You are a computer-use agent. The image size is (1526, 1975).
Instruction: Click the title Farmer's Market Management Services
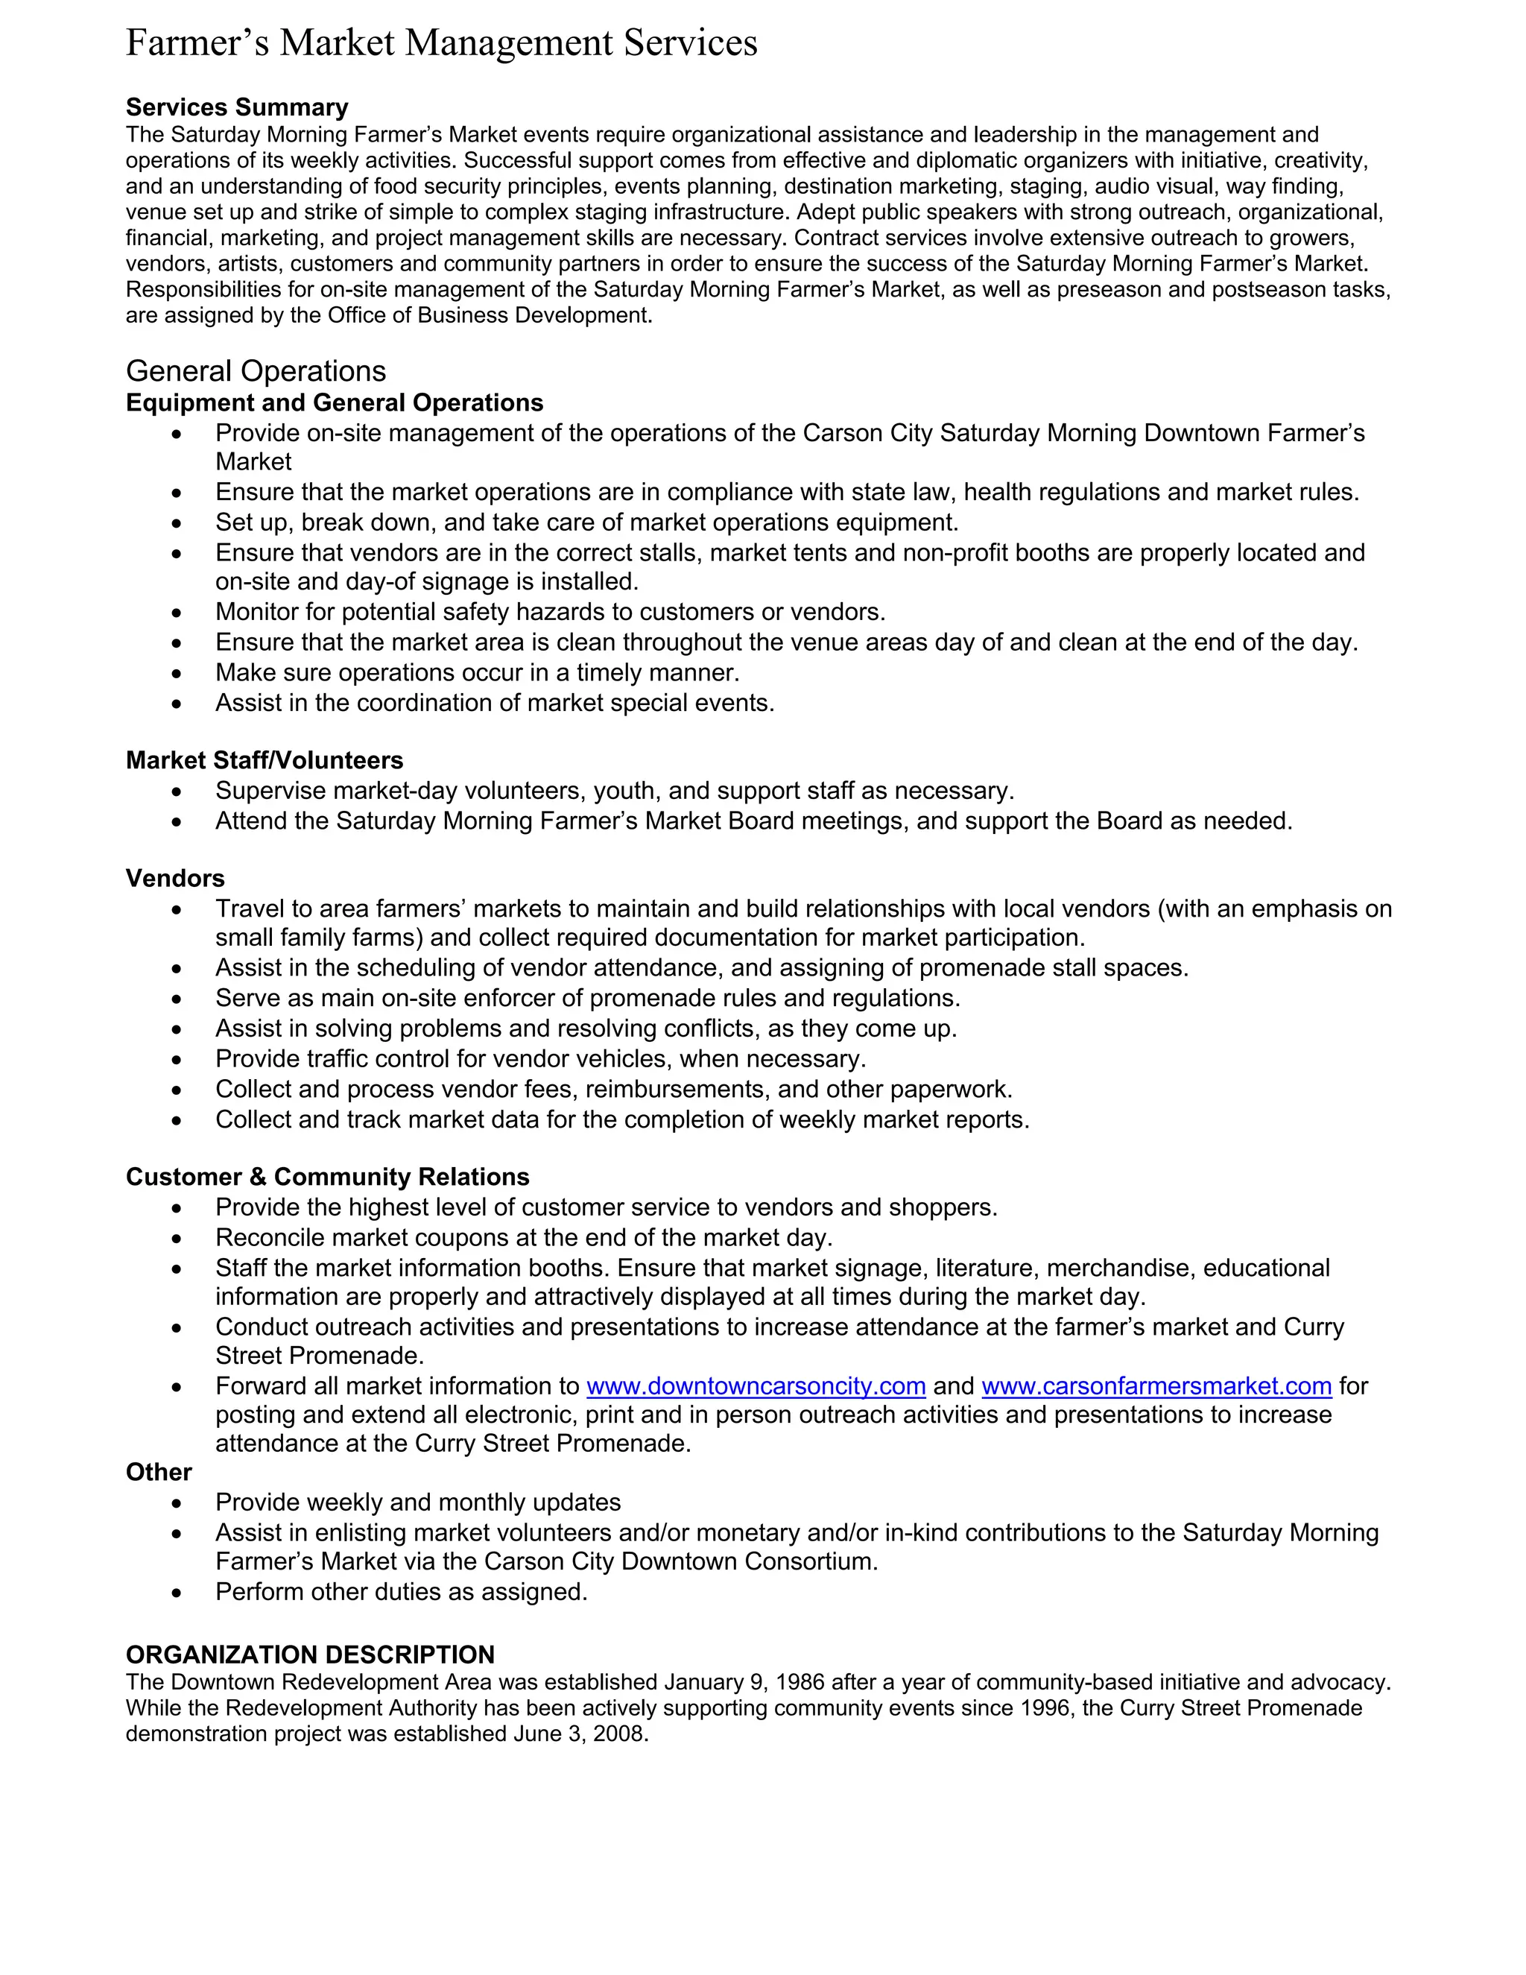(x=441, y=43)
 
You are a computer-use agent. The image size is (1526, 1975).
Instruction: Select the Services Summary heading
(x=237, y=107)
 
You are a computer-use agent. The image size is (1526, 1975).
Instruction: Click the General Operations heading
(x=256, y=370)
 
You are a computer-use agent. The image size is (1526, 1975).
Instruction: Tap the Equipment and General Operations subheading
(x=335, y=402)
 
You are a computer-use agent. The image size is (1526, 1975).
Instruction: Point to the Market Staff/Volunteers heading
(x=264, y=760)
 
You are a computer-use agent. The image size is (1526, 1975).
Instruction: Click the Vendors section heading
(x=175, y=878)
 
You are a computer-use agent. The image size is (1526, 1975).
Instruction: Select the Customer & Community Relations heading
(x=327, y=1177)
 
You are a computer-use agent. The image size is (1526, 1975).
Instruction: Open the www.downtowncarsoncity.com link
(x=756, y=1386)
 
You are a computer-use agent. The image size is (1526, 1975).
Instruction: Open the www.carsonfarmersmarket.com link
(x=1156, y=1386)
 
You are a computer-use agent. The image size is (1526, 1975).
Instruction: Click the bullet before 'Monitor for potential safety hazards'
(x=177, y=613)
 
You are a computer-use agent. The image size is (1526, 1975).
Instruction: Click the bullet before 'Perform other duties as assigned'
(x=177, y=1593)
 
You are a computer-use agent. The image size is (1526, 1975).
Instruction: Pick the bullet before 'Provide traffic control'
(x=177, y=1060)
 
